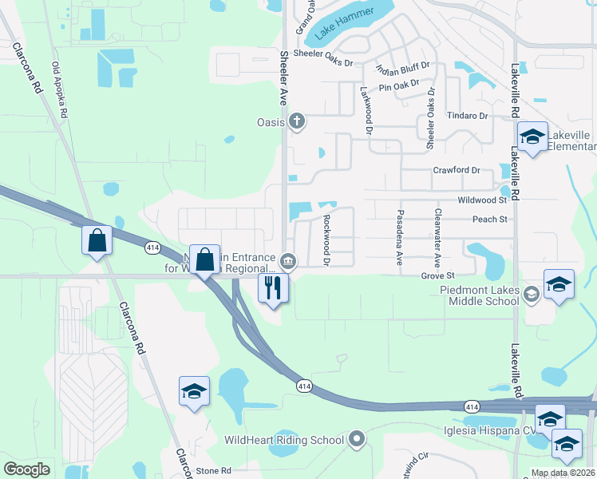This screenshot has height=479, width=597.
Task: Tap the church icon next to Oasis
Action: [x=297, y=121]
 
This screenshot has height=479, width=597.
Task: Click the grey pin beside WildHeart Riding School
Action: [x=357, y=439]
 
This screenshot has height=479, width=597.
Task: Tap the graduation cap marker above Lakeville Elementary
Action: [x=532, y=137]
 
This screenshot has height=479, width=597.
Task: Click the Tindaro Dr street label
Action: [x=467, y=116]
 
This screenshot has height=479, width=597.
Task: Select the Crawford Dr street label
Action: [x=456, y=170]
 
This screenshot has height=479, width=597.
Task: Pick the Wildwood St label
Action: [x=482, y=200]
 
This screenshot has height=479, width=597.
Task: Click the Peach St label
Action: [x=490, y=219]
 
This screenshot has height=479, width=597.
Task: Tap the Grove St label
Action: [x=437, y=275]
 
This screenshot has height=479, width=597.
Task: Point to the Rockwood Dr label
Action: [x=326, y=239]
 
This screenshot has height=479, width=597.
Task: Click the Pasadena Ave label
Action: [x=398, y=238]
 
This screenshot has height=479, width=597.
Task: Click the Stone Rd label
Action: [x=214, y=471]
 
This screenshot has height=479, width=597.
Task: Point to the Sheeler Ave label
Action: [x=283, y=80]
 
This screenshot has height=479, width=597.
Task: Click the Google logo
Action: [x=27, y=469]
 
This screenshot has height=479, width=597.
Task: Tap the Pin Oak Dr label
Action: [x=399, y=86]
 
